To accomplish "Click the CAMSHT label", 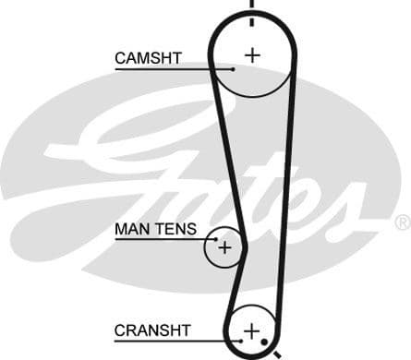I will point(148,58).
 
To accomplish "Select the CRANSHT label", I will point(152,330).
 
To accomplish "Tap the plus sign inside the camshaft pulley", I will point(252,54).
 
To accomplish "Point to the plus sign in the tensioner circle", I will point(224,247).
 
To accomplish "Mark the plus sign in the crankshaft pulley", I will point(251,330).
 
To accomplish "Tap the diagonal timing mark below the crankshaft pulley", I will point(275,354).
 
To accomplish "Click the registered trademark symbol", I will point(402,222).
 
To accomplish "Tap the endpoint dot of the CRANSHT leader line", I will point(241,340).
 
